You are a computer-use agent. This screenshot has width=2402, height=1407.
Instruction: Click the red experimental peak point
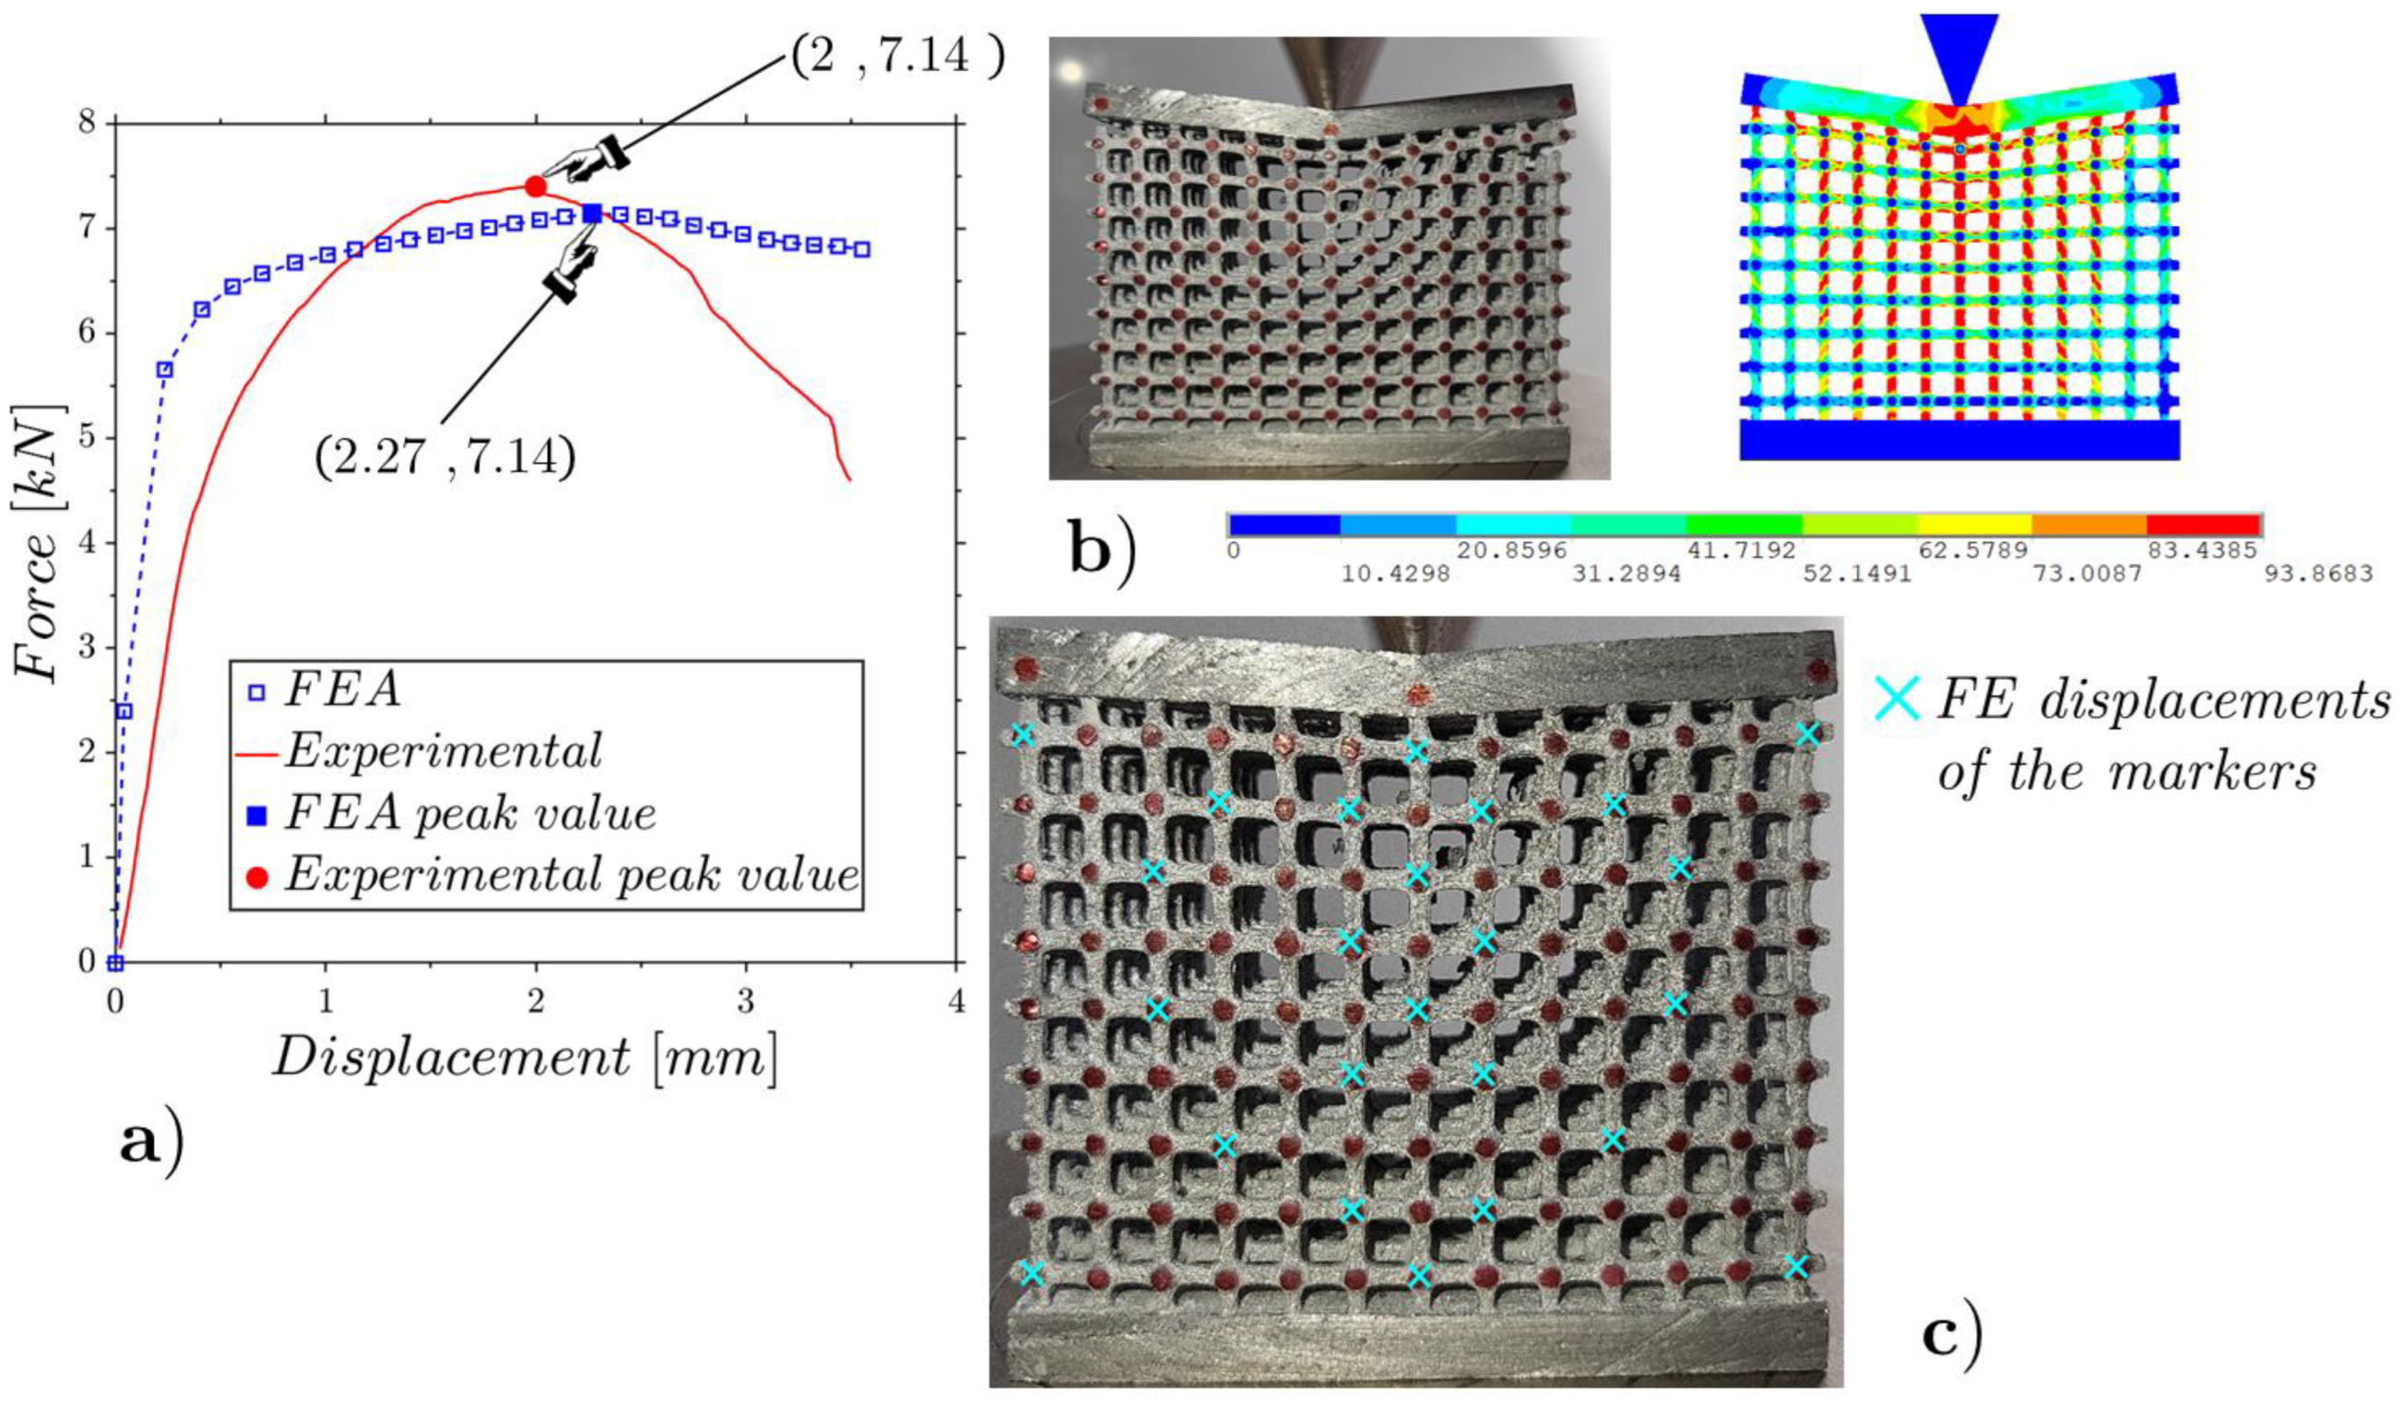point(536,186)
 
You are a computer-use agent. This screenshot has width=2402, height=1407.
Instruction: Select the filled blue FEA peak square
point(592,214)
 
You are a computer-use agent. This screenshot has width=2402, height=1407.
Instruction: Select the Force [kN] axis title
point(38,542)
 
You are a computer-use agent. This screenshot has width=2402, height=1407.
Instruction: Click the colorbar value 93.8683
point(2319,573)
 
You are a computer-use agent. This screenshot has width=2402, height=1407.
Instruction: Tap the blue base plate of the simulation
point(1958,441)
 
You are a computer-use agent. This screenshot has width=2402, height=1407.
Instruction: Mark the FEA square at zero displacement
point(115,963)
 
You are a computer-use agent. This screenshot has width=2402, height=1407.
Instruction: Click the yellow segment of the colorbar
point(1973,526)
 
